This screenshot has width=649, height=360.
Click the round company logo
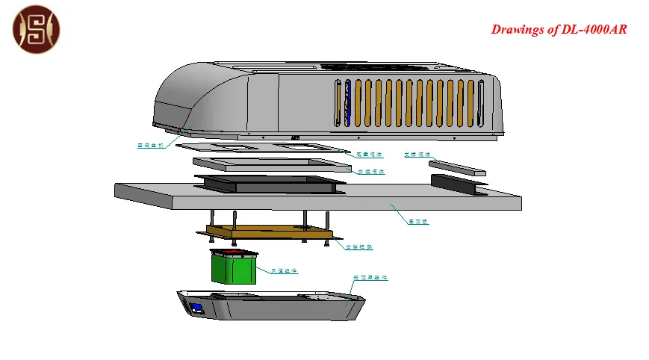coord(37,29)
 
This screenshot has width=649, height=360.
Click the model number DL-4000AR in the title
coord(592,30)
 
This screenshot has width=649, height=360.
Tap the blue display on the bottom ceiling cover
coord(198,307)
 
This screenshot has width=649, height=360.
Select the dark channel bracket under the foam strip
coord(457,181)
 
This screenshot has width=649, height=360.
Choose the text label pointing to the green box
coord(285,271)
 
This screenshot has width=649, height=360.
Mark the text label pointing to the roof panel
coord(418,222)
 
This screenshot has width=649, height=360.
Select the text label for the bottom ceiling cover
coord(370,278)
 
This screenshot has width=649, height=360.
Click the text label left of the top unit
coord(150,146)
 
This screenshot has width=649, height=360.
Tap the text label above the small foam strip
coord(417,155)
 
